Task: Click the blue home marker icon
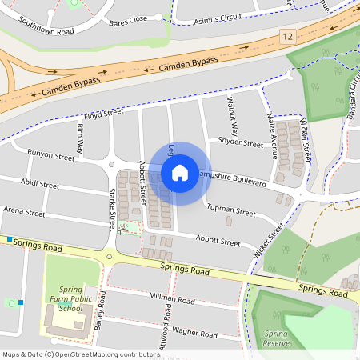coord(180,173)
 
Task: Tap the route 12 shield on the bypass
coord(288,37)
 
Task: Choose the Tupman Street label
coord(231,211)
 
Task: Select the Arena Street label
coord(24,213)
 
